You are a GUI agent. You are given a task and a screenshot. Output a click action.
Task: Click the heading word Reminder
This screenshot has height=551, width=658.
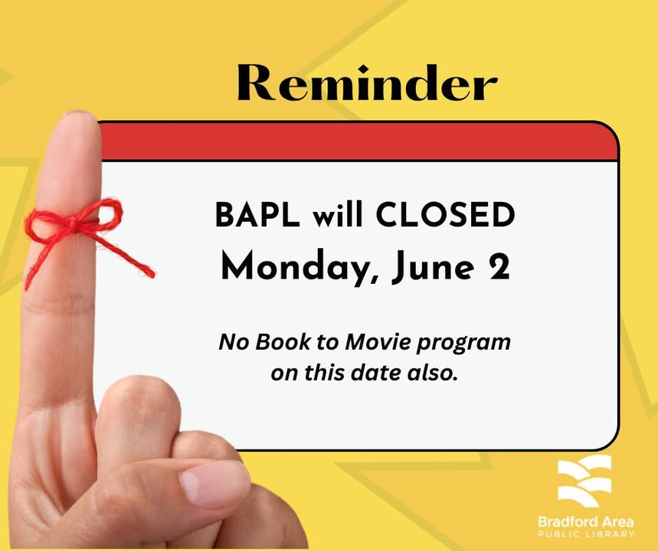pyautogui.click(x=367, y=83)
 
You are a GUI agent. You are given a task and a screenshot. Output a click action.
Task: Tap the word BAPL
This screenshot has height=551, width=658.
pyautogui.click(x=257, y=214)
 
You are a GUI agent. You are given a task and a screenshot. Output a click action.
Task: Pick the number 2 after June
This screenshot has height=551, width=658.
pyautogui.click(x=499, y=266)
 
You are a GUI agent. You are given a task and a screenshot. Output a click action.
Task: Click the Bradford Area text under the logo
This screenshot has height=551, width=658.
pyautogui.click(x=586, y=522)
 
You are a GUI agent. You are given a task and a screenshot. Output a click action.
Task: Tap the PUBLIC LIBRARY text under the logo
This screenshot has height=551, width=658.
pyautogui.click(x=586, y=534)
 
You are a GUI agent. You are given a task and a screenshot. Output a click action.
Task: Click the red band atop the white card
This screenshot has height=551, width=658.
pyautogui.click(x=358, y=142)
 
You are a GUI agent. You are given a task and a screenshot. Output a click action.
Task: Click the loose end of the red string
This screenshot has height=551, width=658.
pyautogui.click(x=152, y=275)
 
